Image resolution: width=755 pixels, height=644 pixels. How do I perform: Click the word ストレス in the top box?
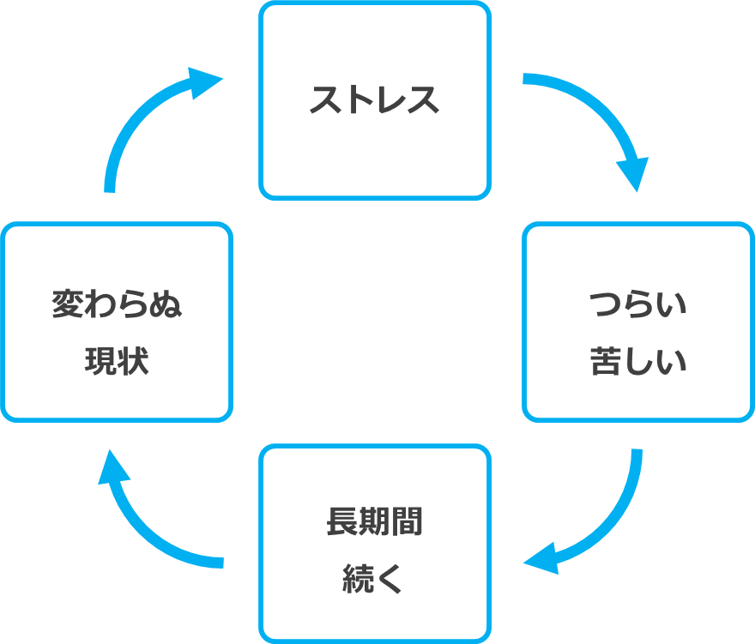pyautogui.click(x=374, y=100)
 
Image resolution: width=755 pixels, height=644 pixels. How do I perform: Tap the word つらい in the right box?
pyautogui.click(x=638, y=304)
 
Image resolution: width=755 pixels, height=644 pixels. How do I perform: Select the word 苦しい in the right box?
pyautogui.click(x=638, y=361)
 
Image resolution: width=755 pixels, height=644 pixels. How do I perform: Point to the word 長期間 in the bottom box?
pyautogui.click(x=374, y=521)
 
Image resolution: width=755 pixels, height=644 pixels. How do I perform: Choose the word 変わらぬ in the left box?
pyautogui.click(x=118, y=304)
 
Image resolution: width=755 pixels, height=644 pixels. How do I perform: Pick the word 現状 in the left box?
pyautogui.click(x=118, y=362)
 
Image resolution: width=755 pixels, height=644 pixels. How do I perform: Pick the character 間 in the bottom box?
pyautogui.click(x=407, y=521)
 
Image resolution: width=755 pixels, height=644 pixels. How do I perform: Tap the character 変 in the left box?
pyautogui.click(x=69, y=304)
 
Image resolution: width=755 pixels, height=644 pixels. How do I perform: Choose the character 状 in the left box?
pyautogui.click(x=134, y=362)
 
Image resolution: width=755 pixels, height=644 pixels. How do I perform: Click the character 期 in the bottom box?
pyautogui.click(x=374, y=521)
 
